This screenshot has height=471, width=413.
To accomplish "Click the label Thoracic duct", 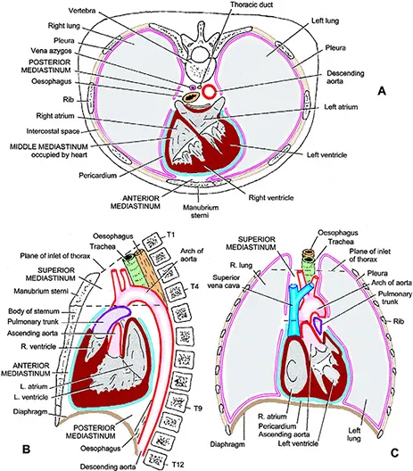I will [253, 6].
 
